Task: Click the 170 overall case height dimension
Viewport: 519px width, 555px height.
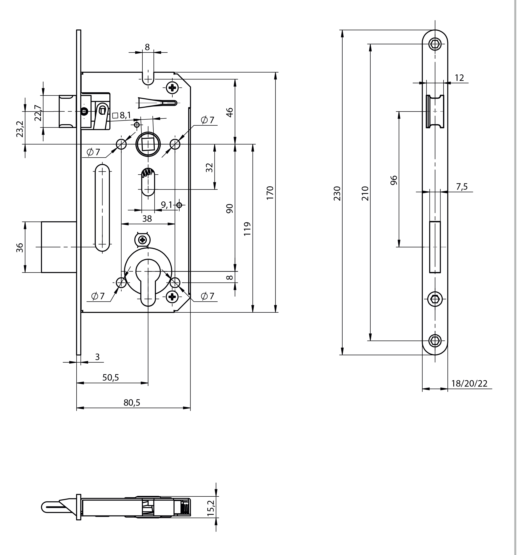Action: [270, 192]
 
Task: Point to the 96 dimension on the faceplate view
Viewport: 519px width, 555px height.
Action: [394, 180]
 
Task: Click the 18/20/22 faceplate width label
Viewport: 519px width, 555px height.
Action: [469, 383]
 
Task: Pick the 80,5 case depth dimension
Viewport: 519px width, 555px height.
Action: [132, 403]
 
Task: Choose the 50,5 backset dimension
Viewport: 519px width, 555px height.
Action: [111, 377]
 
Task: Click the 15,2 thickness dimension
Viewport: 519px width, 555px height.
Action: [211, 508]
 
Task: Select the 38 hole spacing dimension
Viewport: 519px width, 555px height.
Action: [147, 219]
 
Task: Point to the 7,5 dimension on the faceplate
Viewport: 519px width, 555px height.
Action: [462, 187]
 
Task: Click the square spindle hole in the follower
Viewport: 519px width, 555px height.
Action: [148, 144]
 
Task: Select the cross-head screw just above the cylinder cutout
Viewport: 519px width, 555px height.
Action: [143, 239]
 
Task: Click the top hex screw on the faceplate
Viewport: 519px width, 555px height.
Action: [435, 44]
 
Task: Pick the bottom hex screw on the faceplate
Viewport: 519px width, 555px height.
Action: [435, 341]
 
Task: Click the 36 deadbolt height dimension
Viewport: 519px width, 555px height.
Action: [20, 247]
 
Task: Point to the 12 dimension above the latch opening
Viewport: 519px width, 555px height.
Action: [459, 78]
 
